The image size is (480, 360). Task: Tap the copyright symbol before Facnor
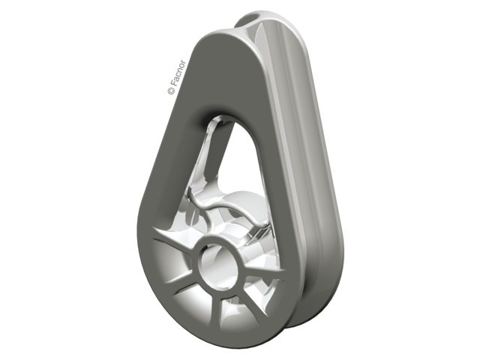172,91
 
